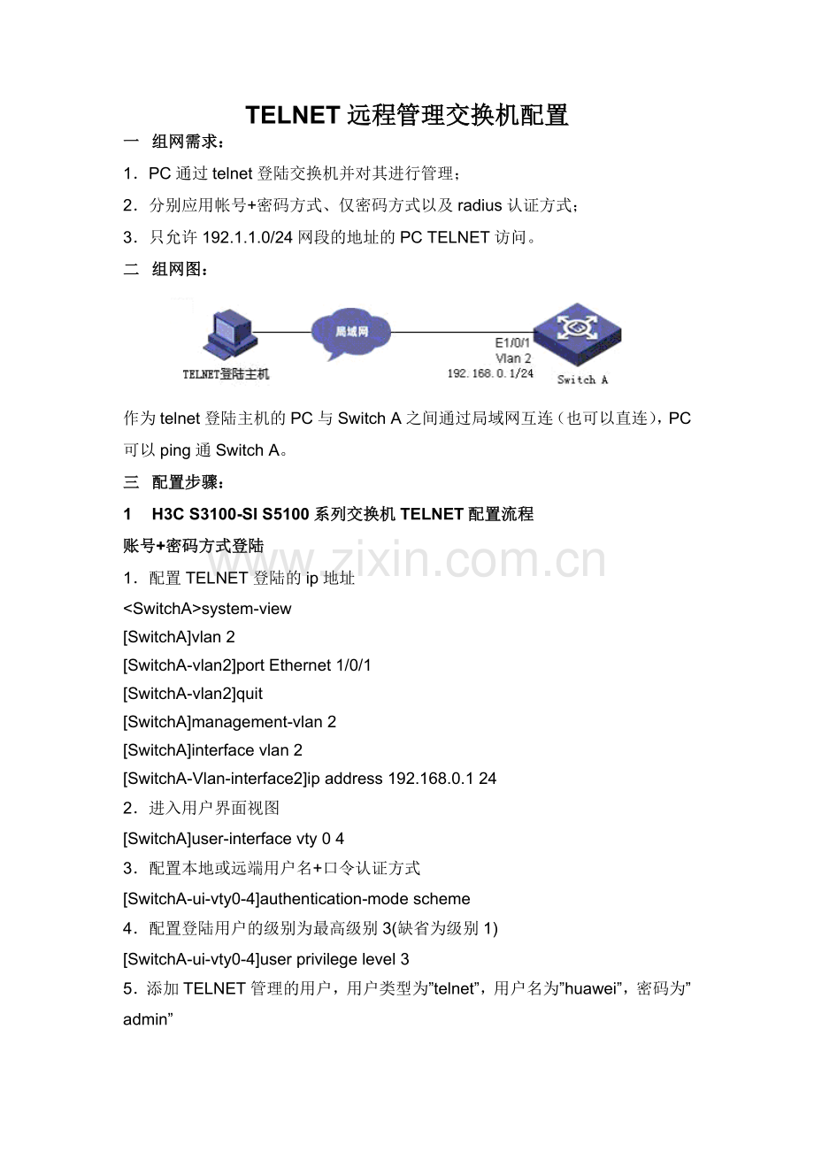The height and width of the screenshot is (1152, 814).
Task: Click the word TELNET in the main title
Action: coord(293,115)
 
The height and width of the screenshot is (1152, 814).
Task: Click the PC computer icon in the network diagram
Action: coord(230,334)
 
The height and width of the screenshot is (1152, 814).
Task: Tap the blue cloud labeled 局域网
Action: coord(351,334)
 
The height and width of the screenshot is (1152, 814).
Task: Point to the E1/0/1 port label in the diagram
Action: coord(512,342)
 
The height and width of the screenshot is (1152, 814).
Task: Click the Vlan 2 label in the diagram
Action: coord(513,358)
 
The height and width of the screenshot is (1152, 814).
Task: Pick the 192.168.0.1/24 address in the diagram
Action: coord(490,373)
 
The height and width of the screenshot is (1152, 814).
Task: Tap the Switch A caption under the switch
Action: coord(582,380)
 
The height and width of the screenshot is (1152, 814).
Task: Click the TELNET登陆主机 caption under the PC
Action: coord(226,374)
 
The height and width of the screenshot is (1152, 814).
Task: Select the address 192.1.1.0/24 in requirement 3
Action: coord(248,237)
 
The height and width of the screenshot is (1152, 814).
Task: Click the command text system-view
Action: coord(246,609)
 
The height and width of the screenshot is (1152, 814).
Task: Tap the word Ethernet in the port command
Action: coord(300,665)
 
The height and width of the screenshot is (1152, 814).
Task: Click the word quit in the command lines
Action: coord(249,694)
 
